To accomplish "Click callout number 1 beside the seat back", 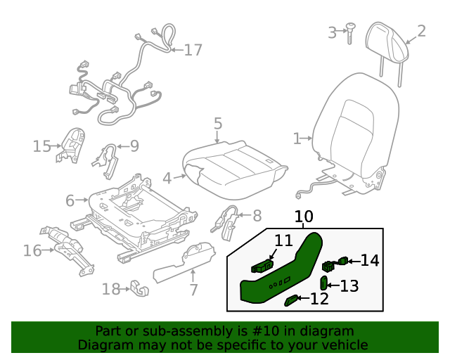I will pos(297,138).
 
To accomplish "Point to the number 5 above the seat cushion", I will pos(218,124).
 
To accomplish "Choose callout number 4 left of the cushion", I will pos(167,179).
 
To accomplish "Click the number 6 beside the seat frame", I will pos(70,201).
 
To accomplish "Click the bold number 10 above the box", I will pos(304,217).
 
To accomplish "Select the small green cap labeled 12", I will pos(290,301).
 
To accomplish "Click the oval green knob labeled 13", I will pos(324,283).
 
